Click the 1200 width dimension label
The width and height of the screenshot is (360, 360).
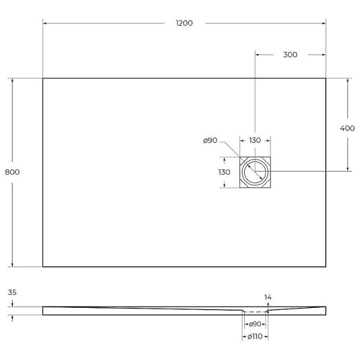[x=184, y=23]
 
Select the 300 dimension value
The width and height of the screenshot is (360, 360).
[x=290, y=55]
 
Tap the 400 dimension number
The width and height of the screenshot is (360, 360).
[x=347, y=128]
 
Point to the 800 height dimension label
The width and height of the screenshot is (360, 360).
[x=12, y=172]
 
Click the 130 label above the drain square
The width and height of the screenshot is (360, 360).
[x=255, y=140]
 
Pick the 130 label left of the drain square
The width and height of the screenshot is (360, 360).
[x=224, y=172]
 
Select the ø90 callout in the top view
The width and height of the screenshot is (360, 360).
[x=210, y=140]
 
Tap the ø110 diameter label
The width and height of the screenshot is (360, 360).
[x=255, y=338]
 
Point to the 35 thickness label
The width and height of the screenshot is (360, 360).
[x=13, y=293]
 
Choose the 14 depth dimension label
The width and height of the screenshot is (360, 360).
[x=268, y=297]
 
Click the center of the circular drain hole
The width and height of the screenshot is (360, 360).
[x=256, y=172]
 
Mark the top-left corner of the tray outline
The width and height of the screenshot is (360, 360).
[x=43, y=78]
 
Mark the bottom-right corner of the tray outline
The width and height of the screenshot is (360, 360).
[x=326, y=267]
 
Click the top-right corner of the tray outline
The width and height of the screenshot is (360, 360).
[x=326, y=78]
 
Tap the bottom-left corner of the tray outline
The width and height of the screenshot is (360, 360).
[x=43, y=267]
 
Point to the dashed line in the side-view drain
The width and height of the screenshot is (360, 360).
[x=256, y=312]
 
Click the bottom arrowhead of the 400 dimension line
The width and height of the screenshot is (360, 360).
[x=347, y=169]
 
